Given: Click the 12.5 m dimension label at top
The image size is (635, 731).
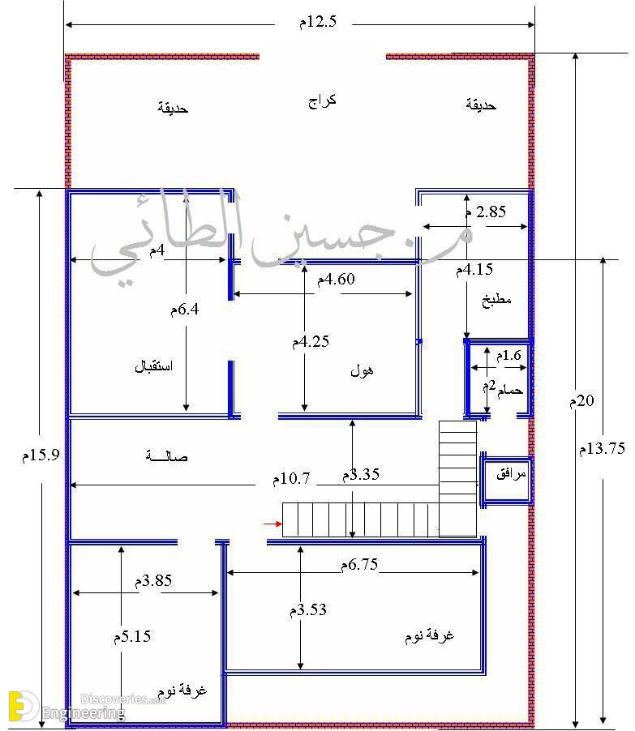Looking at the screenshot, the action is (318, 22).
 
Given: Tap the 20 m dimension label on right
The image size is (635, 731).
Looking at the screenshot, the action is (581, 400).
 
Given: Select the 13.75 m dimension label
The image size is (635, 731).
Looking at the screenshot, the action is (602, 448).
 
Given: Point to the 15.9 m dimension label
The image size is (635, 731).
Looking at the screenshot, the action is (41, 455).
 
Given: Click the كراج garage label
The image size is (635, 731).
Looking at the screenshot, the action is (322, 101).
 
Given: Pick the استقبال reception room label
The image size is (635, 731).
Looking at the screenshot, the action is (153, 366).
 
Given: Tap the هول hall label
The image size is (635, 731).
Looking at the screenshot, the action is (362, 370).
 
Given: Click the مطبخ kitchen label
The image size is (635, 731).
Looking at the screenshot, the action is (496, 300).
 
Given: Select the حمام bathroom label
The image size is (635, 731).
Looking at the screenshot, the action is (509, 389).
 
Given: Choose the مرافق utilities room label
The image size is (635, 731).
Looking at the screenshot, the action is (511, 474).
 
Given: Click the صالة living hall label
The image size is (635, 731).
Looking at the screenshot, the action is (166, 456).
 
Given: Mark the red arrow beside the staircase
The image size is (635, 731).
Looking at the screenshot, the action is (272, 524).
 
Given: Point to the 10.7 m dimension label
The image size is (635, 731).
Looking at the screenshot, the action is (291, 479).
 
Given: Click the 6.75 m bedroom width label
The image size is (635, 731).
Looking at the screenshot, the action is (358, 565).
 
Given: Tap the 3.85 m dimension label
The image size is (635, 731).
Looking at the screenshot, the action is (153, 581).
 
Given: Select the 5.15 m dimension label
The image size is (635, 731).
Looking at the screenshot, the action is (132, 637).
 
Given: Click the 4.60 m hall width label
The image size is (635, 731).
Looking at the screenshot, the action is (336, 280).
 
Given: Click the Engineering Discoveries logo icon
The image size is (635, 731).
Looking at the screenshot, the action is (24, 706).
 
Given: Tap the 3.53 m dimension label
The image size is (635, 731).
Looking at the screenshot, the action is (308, 609).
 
